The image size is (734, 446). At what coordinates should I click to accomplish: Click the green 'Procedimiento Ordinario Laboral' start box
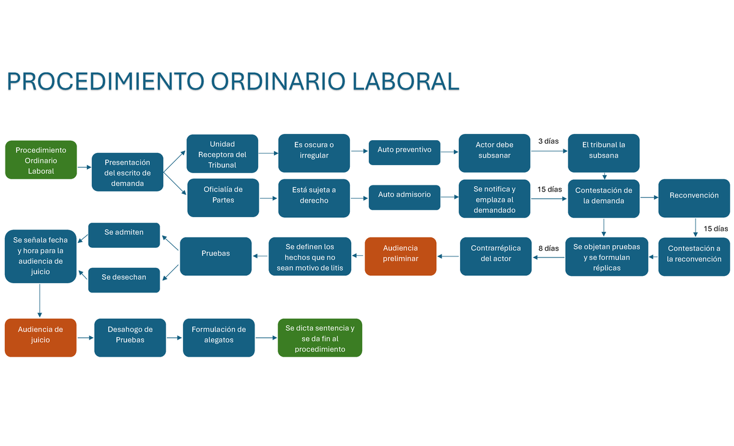pyautogui.click(x=41, y=160)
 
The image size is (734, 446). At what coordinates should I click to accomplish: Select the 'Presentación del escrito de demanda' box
pyautogui.click(x=127, y=173)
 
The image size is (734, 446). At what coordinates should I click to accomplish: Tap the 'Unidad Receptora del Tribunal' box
pyautogui.click(x=222, y=155)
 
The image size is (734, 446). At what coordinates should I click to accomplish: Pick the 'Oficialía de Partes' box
pyautogui.click(x=223, y=198)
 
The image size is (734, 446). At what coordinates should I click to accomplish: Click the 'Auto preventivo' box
pyautogui.click(x=404, y=150)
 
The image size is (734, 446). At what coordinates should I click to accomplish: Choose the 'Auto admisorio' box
pyautogui.click(x=404, y=195)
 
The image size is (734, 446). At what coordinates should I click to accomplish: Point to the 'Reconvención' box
pyautogui.click(x=694, y=196)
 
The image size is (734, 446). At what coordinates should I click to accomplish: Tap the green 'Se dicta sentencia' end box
pyautogui.click(x=319, y=338)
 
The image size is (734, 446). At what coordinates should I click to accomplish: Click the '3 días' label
pyautogui.click(x=548, y=141)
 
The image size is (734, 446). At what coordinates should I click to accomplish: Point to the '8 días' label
pyautogui.click(x=548, y=248)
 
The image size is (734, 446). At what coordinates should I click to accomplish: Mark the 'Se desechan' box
pyautogui.click(x=124, y=277)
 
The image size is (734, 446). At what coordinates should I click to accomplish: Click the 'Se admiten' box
pyautogui.click(x=124, y=232)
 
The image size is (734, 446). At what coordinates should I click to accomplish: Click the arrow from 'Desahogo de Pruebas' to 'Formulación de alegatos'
pyautogui.click(x=174, y=338)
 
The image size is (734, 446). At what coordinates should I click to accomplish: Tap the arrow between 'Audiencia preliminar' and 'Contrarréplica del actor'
pyautogui.click(x=448, y=257)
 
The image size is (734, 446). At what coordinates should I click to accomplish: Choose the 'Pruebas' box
pyautogui.click(x=215, y=254)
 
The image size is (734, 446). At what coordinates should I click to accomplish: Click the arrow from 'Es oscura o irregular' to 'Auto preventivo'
pyautogui.click(x=359, y=151)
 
